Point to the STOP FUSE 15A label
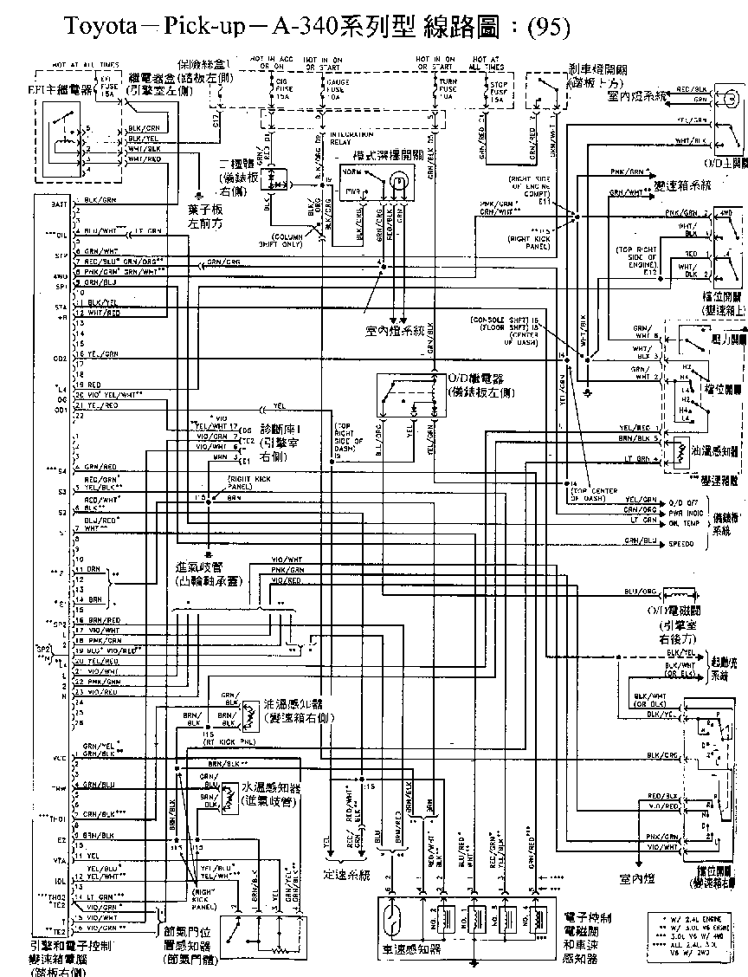(496, 88)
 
